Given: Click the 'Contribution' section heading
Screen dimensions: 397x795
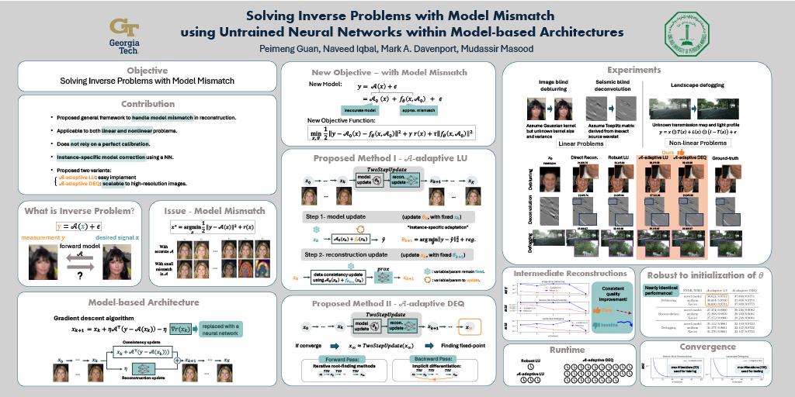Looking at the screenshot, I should coord(148,104).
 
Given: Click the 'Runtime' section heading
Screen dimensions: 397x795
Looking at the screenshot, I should coord(567,350).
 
